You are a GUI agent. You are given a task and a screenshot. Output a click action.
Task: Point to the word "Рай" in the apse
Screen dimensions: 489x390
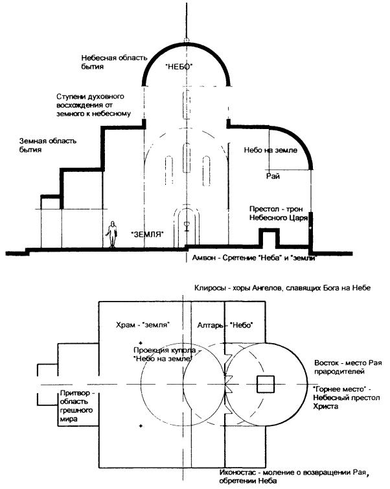click(x=273, y=175)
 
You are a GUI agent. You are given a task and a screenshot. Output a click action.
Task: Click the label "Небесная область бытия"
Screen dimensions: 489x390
click(x=107, y=62)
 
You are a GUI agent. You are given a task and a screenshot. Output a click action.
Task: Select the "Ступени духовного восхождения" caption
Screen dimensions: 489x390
click(x=95, y=105)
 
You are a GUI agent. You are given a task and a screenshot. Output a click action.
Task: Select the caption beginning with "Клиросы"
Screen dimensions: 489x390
click(x=278, y=287)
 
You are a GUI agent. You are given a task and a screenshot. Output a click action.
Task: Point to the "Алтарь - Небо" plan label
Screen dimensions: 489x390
click(x=224, y=324)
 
